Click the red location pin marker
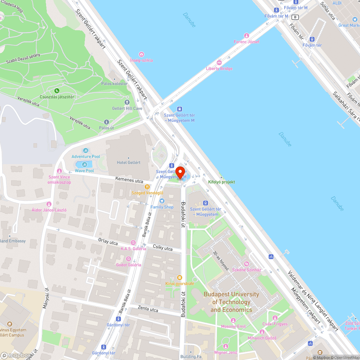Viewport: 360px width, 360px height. (x=180, y=172)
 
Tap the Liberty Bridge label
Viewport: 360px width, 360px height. (x=219, y=68)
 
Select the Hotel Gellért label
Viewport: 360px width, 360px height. (x=129, y=162)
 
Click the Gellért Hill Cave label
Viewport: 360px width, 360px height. (x=127, y=108)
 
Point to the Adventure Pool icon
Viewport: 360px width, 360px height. (x=86, y=150)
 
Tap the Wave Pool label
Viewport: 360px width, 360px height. (x=84, y=171)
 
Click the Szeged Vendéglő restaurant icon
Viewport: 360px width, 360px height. (x=147, y=187)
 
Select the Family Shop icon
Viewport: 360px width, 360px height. (x=162, y=201)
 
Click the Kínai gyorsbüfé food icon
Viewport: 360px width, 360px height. (x=179, y=278)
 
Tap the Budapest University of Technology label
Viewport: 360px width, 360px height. (x=231, y=302)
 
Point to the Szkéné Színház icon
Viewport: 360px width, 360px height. (x=246, y=264)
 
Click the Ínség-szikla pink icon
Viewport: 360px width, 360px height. (x=141, y=54)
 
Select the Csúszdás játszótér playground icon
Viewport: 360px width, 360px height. (x=57, y=91)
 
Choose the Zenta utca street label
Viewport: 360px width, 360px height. (x=148, y=309)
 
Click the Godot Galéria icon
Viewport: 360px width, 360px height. (x=129, y=259)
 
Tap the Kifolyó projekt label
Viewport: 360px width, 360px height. (x=221, y=182)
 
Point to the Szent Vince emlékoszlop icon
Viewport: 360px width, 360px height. (x=59, y=171)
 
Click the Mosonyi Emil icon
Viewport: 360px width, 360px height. (x=233, y=320)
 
